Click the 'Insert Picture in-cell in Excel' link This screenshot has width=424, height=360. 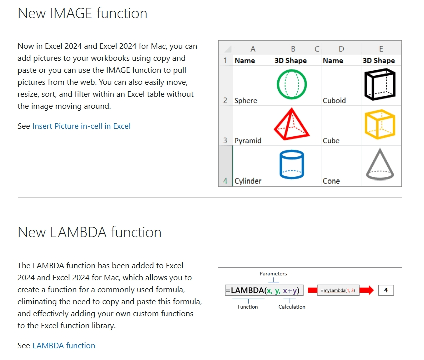[x=81, y=126]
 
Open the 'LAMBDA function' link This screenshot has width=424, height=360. [x=64, y=346]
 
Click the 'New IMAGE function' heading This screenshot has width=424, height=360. [x=83, y=13]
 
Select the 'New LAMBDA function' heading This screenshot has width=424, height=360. [x=90, y=232]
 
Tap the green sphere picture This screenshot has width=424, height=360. [x=291, y=84]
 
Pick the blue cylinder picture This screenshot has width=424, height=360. [x=291, y=164]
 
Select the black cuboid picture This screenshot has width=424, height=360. [x=379, y=84]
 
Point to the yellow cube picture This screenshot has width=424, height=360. [x=380, y=125]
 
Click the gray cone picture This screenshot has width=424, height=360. [x=380, y=164]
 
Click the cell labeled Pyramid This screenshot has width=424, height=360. [x=248, y=141]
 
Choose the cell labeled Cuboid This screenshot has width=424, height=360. [x=334, y=101]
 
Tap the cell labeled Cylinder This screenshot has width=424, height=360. [x=248, y=181]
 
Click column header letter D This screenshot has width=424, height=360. [x=341, y=49]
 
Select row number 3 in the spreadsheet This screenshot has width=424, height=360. [x=226, y=141]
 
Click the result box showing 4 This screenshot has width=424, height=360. [x=386, y=291]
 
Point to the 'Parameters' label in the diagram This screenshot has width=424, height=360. [x=273, y=274]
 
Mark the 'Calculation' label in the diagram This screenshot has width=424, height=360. [x=292, y=307]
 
